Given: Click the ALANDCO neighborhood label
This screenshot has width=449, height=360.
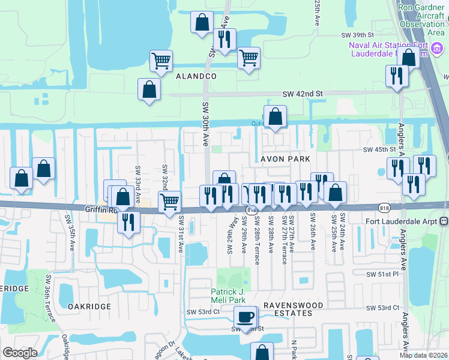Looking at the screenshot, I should click(196, 77).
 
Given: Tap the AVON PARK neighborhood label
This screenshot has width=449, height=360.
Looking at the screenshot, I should click(285, 159).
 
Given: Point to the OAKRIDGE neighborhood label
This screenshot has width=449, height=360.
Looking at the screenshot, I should click(89, 306).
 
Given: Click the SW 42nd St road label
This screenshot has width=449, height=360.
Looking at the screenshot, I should click(303, 94).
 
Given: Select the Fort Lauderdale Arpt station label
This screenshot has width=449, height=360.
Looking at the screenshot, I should click(403, 221).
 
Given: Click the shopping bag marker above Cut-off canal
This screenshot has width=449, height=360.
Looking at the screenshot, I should click(275, 116).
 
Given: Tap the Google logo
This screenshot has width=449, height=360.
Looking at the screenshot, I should click(20, 353).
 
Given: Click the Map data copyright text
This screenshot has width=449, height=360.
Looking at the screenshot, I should click(424, 355).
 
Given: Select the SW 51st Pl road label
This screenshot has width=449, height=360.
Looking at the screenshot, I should click(383, 274).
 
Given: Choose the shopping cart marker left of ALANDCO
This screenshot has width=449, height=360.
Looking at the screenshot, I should click(161, 61).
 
